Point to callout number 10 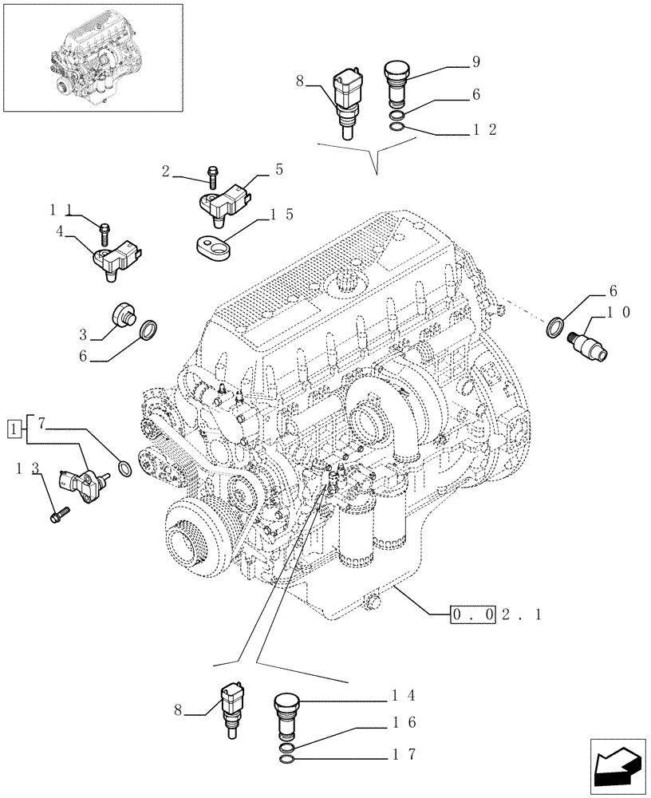[620, 313]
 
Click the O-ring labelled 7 [124, 468]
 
